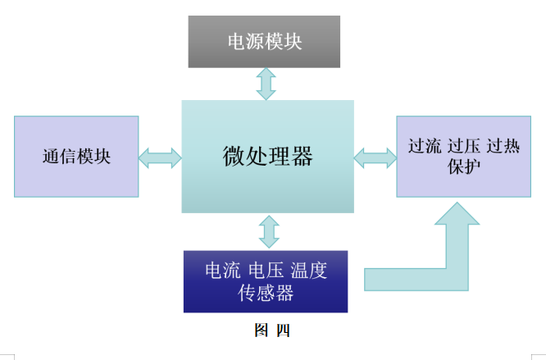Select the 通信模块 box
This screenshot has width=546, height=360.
click(76, 157)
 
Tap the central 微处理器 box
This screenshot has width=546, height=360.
click(267, 156)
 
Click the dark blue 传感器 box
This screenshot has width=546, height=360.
click(265, 281)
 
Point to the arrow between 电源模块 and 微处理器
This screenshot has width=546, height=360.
click(266, 84)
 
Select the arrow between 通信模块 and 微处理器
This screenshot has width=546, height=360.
click(160, 157)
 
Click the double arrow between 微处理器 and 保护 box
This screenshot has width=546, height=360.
click(375, 156)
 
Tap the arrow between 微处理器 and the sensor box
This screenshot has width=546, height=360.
click(268, 232)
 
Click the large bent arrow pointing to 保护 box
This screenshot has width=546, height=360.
click(443, 262)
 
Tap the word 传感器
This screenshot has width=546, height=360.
click(265, 293)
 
